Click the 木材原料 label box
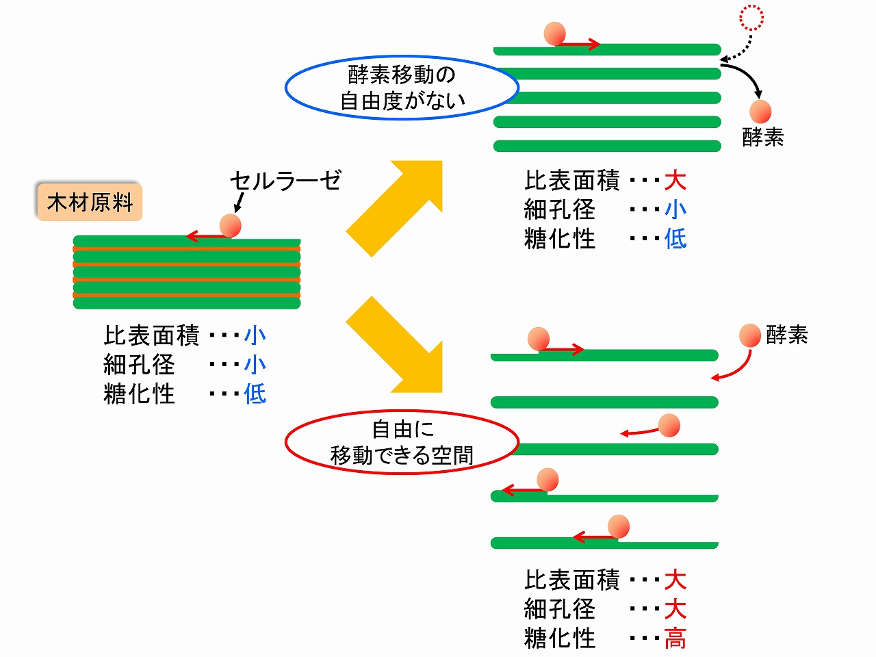(x=89, y=202)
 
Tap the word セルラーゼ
(x=285, y=180)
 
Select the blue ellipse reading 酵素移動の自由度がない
(x=402, y=88)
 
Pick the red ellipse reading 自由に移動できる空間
(x=402, y=442)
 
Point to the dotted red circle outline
(x=751, y=18)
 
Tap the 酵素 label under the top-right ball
(x=762, y=138)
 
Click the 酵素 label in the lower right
(x=787, y=335)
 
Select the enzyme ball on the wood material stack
(x=230, y=225)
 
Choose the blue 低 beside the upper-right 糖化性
(x=675, y=239)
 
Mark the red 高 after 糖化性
(x=675, y=639)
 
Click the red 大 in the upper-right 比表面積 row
(x=675, y=181)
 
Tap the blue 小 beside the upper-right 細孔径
(x=675, y=209)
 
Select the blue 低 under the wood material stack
(x=255, y=394)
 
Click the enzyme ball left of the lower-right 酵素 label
(x=750, y=335)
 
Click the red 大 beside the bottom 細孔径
(x=675, y=609)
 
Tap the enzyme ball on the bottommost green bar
(x=618, y=526)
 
